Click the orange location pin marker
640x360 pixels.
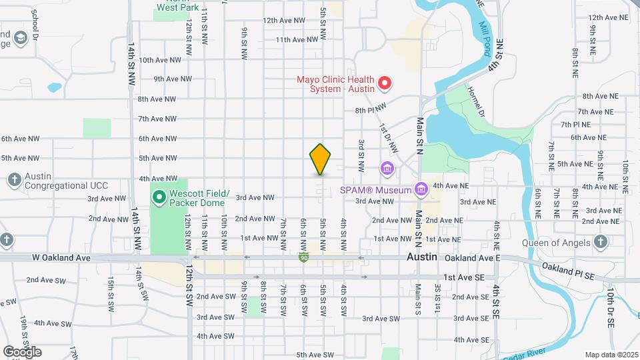[321, 159]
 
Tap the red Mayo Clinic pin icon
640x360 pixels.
[385, 83]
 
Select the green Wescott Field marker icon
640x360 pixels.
[159, 197]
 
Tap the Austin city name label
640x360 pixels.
[422, 257]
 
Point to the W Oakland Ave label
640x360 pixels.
[61, 257]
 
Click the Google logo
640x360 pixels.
[22, 351]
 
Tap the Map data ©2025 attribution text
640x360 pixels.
[611, 354]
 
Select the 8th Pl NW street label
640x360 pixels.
[371, 109]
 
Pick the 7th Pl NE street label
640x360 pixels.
[575, 124]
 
